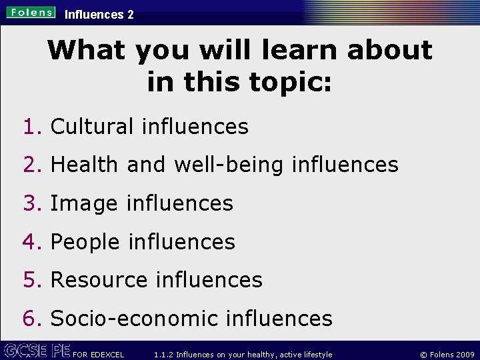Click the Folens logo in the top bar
pos(32,12)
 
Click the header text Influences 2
pos(99,14)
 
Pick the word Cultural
pos(92,126)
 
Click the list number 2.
pos(32,165)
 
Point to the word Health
pos(84,165)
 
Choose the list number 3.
pos(32,203)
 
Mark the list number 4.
pos(32,242)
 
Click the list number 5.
pos(32,280)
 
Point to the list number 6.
pos(32,319)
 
